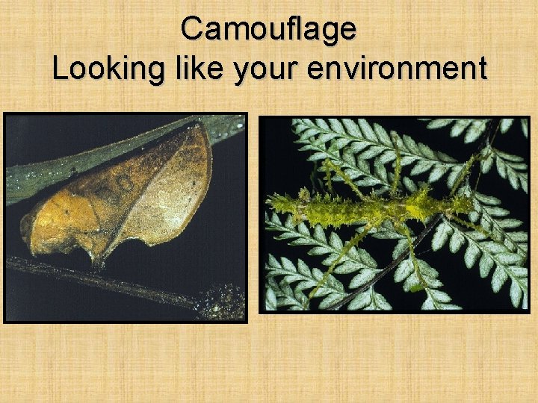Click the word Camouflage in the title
click(268, 30)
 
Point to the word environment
click(398, 69)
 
